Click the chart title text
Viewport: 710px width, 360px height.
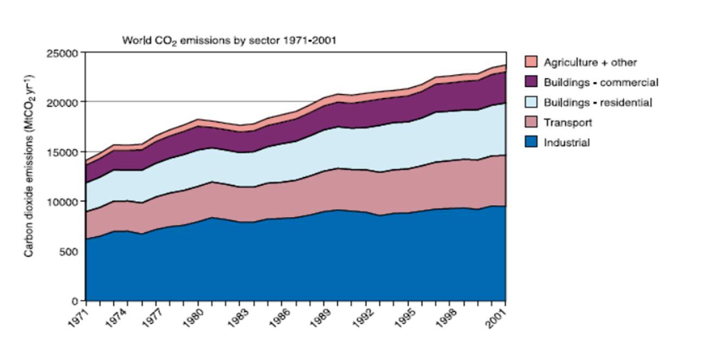click(229, 41)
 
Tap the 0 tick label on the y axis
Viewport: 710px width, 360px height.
click(76, 301)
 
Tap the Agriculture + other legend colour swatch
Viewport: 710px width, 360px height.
click(531, 62)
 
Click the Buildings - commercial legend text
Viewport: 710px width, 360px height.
click(601, 82)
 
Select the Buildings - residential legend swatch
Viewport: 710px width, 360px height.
click(531, 102)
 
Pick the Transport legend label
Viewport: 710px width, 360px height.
click(568, 123)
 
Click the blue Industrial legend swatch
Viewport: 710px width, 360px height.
click(531, 143)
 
